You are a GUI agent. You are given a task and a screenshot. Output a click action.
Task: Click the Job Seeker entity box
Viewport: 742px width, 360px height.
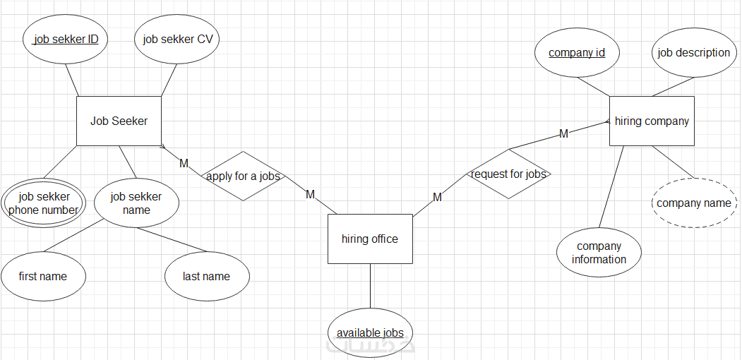point(119,121)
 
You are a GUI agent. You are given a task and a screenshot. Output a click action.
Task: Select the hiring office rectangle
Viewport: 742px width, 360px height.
point(370,239)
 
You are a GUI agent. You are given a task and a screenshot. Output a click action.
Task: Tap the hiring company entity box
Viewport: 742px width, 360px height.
point(652,121)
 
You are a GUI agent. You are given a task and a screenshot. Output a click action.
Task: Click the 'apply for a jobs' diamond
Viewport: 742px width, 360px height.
point(243,176)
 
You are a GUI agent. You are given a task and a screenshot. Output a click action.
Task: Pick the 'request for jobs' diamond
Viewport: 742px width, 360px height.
point(508,174)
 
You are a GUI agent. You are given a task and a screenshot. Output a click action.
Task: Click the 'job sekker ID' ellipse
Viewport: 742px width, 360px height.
point(66,40)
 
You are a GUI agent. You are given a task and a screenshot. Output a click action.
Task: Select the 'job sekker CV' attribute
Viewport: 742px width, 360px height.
point(177,40)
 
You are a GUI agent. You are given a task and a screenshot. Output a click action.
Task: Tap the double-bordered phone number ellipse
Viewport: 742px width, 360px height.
point(43,203)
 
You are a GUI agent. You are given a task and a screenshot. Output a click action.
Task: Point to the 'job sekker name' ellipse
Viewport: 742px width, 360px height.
point(136,203)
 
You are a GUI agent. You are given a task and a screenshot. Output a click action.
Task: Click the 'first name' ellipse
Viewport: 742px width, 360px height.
point(43,276)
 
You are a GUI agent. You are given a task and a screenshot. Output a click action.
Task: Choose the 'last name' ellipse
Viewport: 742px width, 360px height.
point(206,276)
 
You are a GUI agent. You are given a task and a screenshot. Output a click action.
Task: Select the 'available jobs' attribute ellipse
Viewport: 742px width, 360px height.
point(370,332)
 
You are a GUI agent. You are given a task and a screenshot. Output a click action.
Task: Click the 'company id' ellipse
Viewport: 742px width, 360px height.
point(577,53)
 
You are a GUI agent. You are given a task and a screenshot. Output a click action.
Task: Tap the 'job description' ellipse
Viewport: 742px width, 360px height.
point(693,53)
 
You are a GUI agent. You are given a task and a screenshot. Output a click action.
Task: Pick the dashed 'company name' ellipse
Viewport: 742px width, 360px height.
point(693,203)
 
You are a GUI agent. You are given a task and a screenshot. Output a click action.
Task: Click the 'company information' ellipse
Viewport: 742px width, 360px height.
point(599,253)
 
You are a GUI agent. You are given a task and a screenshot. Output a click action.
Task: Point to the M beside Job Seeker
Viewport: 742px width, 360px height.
point(184,163)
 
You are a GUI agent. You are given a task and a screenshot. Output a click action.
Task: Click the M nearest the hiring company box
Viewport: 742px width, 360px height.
point(563,133)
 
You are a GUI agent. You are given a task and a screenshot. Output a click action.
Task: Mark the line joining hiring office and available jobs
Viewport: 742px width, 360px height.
point(370,286)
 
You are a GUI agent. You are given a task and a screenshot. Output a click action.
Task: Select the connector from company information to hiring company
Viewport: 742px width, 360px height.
point(611,187)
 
